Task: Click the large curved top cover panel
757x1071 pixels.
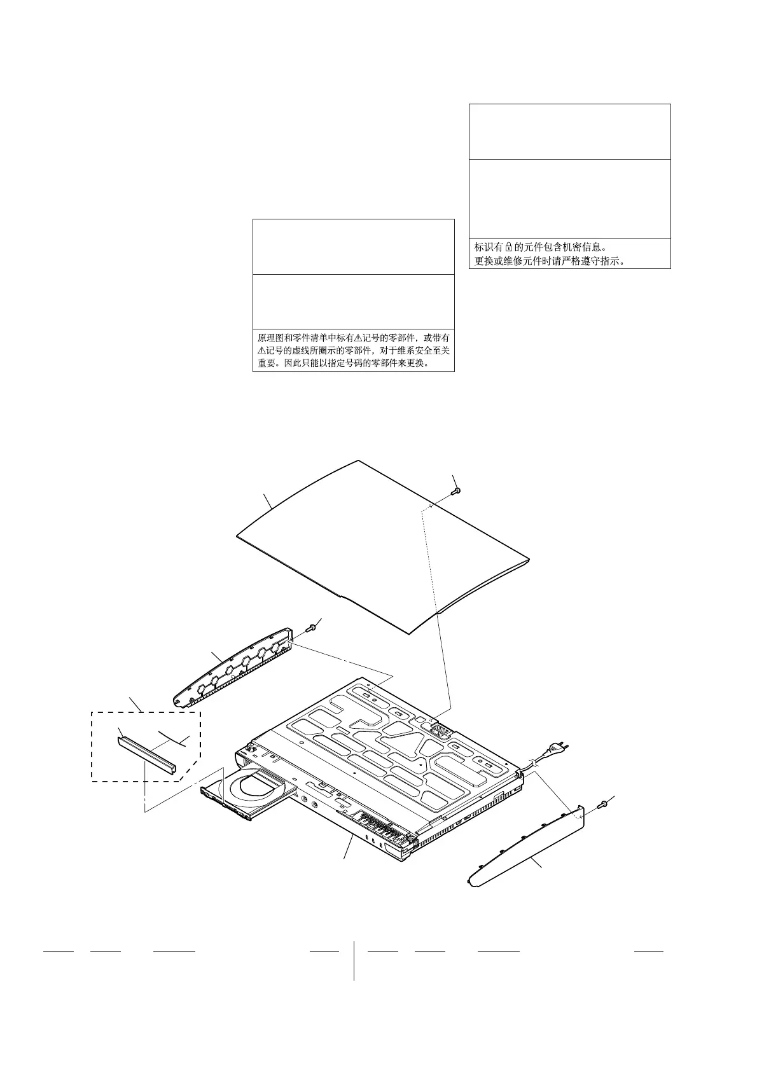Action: (x=382, y=547)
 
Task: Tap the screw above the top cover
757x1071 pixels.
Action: (x=457, y=491)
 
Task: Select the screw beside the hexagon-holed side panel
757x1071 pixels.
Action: (x=311, y=628)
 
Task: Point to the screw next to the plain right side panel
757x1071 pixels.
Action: (x=603, y=805)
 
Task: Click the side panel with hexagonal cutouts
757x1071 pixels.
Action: (x=232, y=668)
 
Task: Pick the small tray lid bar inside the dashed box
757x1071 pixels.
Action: (x=147, y=754)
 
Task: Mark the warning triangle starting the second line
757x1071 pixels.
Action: (x=261, y=351)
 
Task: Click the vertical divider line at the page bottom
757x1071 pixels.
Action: (x=354, y=960)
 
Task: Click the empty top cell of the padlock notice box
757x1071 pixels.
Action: (x=569, y=132)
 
